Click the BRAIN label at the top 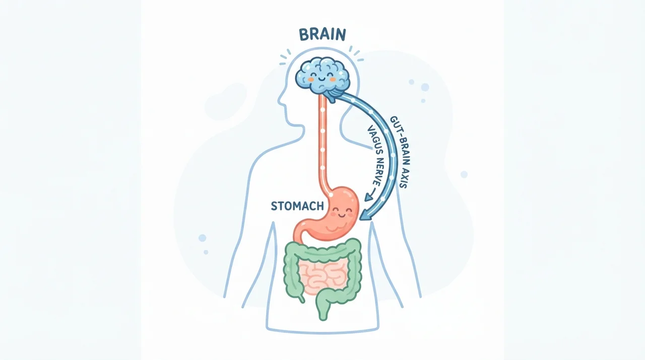tap(322, 35)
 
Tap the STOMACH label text tap(297, 206)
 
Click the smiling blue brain tap(322, 76)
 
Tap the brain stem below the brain tap(334, 94)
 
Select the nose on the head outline tap(279, 101)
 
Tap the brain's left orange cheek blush tap(311, 79)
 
